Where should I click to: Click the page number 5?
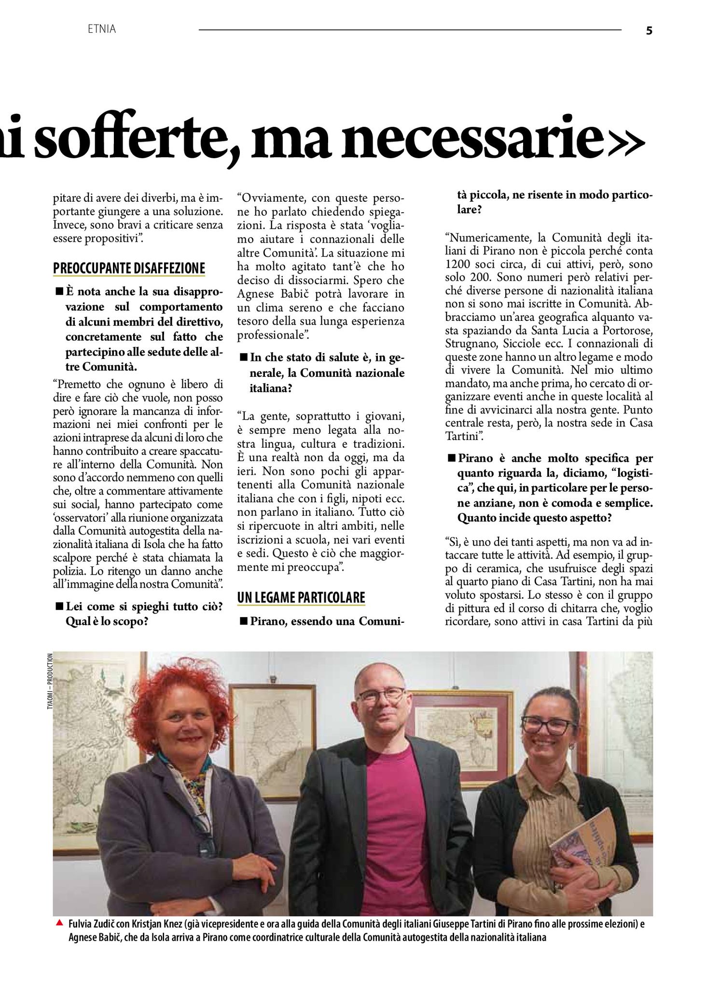(649, 30)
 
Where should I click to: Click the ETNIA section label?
(102, 29)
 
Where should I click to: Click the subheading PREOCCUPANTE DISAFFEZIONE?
(129, 268)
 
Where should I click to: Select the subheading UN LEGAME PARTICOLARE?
(301, 597)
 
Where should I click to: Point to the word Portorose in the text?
(627, 331)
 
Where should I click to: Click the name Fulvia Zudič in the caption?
(92, 924)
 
